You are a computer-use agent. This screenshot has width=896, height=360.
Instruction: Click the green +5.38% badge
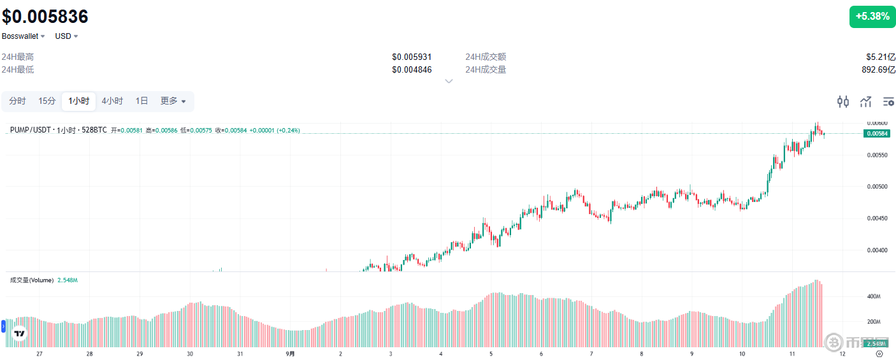pos(872,17)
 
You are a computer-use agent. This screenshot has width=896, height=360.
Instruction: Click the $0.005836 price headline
pos(45,16)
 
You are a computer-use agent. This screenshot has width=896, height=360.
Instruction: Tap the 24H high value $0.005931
pos(412,57)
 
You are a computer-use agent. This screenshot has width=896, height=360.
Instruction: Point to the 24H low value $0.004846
pos(412,69)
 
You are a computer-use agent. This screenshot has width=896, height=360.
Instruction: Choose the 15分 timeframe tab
pos(47,101)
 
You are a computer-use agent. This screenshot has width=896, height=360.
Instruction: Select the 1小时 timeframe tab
pos(79,101)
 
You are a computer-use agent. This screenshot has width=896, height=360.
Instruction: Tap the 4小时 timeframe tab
pos(112,101)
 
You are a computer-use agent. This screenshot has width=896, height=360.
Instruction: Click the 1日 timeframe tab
pos(141,101)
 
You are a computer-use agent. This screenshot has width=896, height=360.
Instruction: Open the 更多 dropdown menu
pos(173,101)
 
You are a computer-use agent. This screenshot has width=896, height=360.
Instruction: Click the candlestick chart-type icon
pos(843,101)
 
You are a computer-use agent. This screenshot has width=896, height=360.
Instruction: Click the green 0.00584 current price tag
pos(877,133)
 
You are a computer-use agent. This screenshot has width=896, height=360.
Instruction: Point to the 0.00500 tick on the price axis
pos(877,187)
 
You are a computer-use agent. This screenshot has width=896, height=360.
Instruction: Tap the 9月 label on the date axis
pos(290,354)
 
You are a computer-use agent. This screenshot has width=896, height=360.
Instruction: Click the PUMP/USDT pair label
pos(31,130)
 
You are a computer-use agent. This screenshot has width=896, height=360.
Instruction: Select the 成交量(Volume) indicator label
pos(32,280)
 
